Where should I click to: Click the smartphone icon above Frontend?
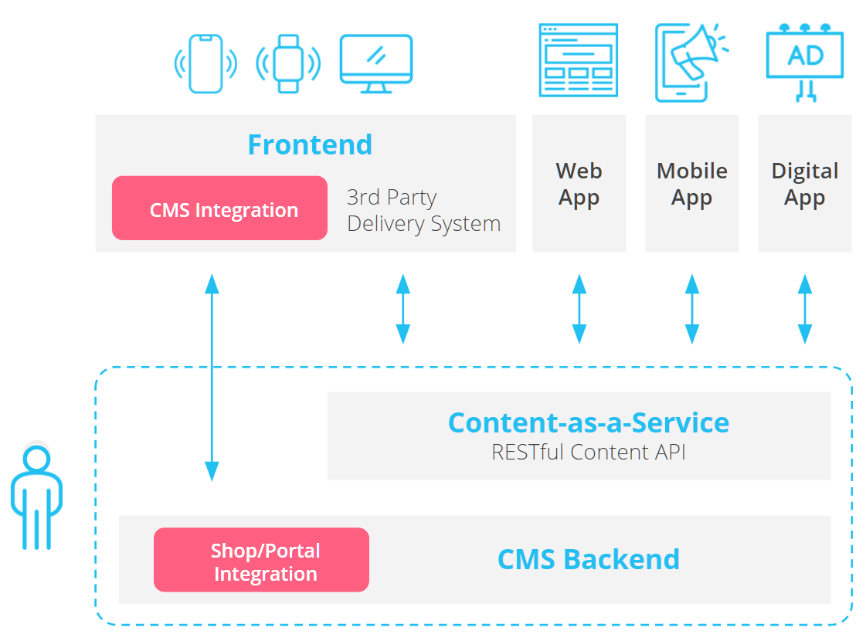click(205, 64)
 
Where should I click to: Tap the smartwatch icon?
click(288, 64)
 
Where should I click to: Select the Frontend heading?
click(310, 144)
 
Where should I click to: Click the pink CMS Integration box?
click(220, 209)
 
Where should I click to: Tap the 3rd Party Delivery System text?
click(423, 210)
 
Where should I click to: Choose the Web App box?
click(579, 184)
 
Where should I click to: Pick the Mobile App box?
click(691, 184)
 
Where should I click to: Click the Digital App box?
click(804, 184)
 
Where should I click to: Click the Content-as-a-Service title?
click(588, 422)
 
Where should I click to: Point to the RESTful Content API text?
click(588, 452)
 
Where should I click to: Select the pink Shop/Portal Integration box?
click(261, 560)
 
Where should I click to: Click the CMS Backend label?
click(588, 559)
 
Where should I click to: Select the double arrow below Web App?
click(579, 308)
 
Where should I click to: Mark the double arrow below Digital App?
click(804, 308)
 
